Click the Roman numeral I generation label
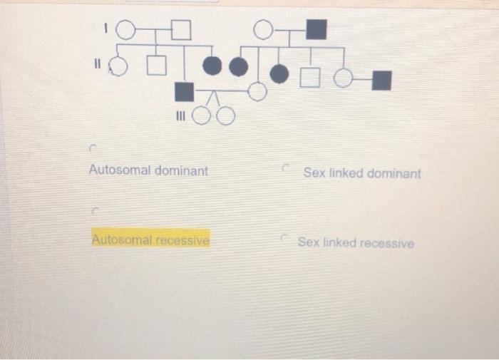(x=105, y=29)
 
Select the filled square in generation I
(x=316, y=30)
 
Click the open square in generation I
(x=182, y=30)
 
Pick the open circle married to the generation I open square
(x=125, y=30)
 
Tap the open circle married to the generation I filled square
(x=263, y=29)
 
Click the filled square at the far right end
(x=382, y=80)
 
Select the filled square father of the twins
(x=184, y=91)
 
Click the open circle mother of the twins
(x=257, y=91)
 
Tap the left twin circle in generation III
(x=202, y=115)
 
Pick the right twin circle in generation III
(x=225, y=115)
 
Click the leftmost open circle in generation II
(x=118, y=66)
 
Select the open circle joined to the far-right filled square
(x=344, y=78)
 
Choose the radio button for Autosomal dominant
(x=92, y=149)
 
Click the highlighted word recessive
(x=182, y=240)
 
